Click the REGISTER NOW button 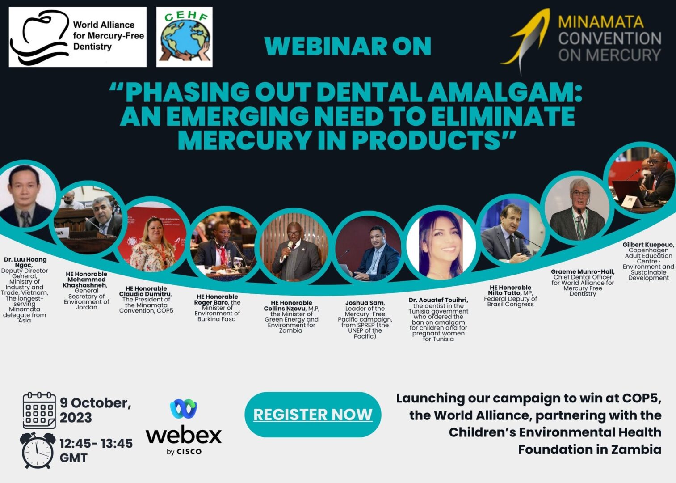(313, 415)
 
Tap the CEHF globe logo (185, 37)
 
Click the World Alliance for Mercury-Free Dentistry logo (78, 37)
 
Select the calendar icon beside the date (39, 410)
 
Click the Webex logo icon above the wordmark (184, 409)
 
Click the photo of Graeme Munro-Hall (576, 208)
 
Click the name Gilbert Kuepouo (648, 245)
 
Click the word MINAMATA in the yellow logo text (601, 22)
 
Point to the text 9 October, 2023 (95, 410)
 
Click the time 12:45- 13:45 (96, 444)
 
